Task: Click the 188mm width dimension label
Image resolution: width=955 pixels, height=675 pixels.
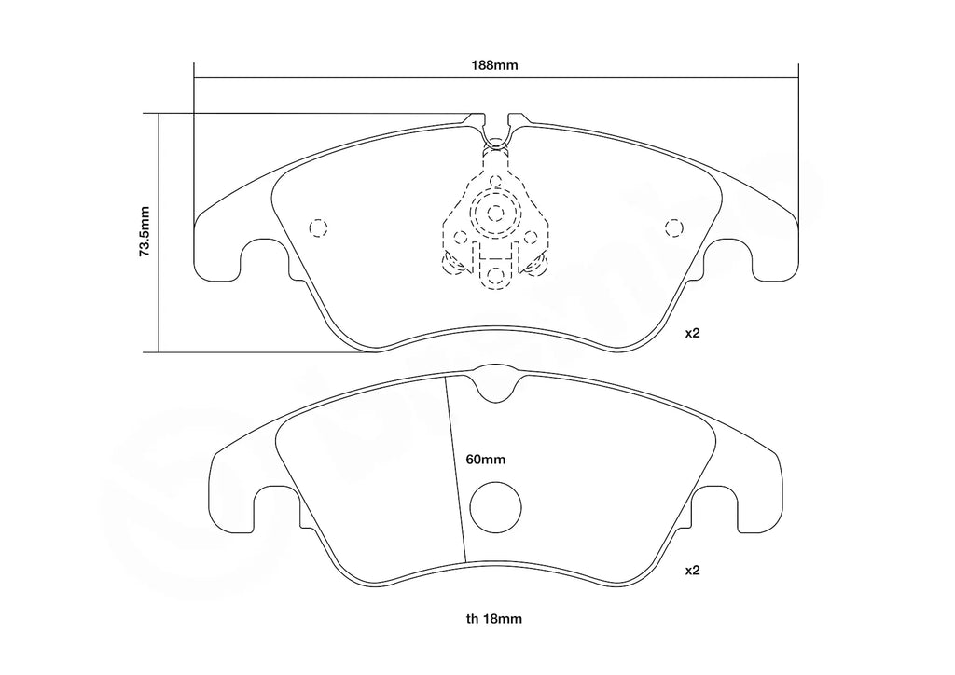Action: (x=494, y=65)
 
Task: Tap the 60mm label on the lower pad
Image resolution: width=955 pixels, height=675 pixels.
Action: (x=485, y=460)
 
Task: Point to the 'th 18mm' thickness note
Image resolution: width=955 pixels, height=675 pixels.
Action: (x=495, y=617)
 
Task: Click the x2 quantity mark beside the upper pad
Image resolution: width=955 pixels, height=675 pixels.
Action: (x=692, y=333)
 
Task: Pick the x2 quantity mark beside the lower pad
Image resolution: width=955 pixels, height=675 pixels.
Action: (x=692, y=569)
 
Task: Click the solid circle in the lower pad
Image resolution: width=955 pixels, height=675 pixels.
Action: (x=494, y=506)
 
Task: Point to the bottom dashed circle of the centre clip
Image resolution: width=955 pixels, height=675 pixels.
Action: (x=495, y=275)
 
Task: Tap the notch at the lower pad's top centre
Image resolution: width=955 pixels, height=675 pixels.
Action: (x=494, y=384)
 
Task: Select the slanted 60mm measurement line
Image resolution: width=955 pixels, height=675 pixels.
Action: (x=455, y=466)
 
